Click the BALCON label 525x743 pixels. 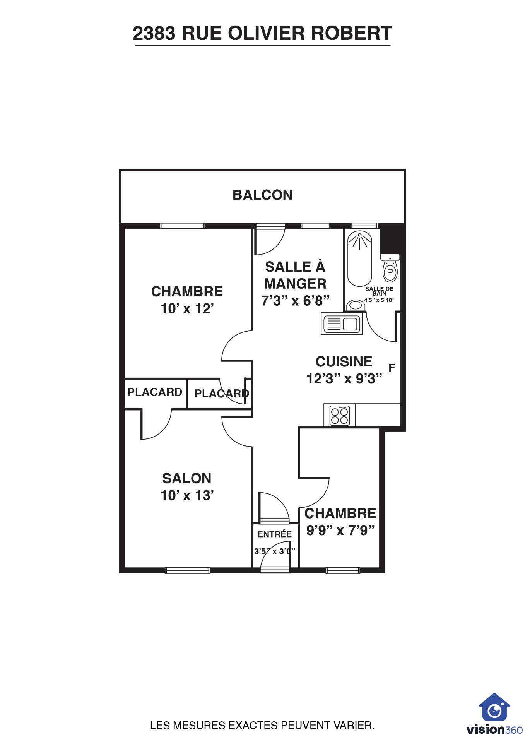262,195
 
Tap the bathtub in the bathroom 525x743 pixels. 359,259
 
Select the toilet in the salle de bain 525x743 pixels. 390,268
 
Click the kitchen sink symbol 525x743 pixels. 342,324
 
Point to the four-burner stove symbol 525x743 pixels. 340,415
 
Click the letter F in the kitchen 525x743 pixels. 392,368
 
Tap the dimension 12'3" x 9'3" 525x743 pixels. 344,378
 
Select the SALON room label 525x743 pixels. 187,478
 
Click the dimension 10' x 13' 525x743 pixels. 187,495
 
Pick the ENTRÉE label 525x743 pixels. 275,534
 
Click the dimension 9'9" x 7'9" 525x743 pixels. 340,530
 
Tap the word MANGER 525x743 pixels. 295,284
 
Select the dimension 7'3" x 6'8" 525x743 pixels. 295,301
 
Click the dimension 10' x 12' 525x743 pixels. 187,309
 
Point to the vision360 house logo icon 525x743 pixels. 494,707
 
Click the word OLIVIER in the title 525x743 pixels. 267,33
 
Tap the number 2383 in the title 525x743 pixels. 154,33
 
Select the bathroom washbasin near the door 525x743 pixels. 356,305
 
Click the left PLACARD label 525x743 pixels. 155,392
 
